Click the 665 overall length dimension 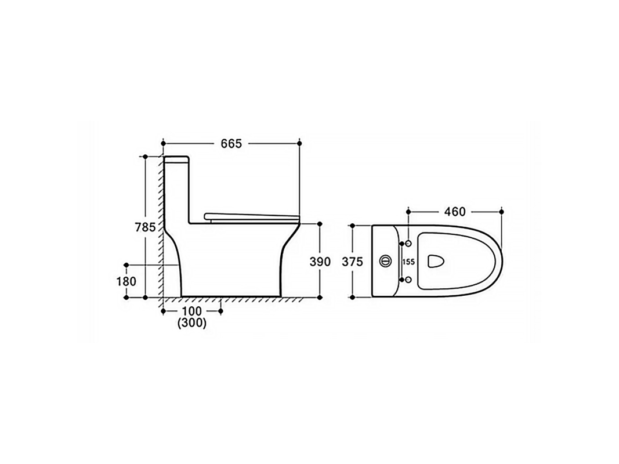231,144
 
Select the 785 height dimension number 145,227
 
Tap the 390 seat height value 320,262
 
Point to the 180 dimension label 126,281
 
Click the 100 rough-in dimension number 192,311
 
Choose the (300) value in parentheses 192,323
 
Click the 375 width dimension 352,262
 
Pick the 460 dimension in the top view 455,212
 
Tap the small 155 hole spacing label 408,262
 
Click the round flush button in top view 386,261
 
